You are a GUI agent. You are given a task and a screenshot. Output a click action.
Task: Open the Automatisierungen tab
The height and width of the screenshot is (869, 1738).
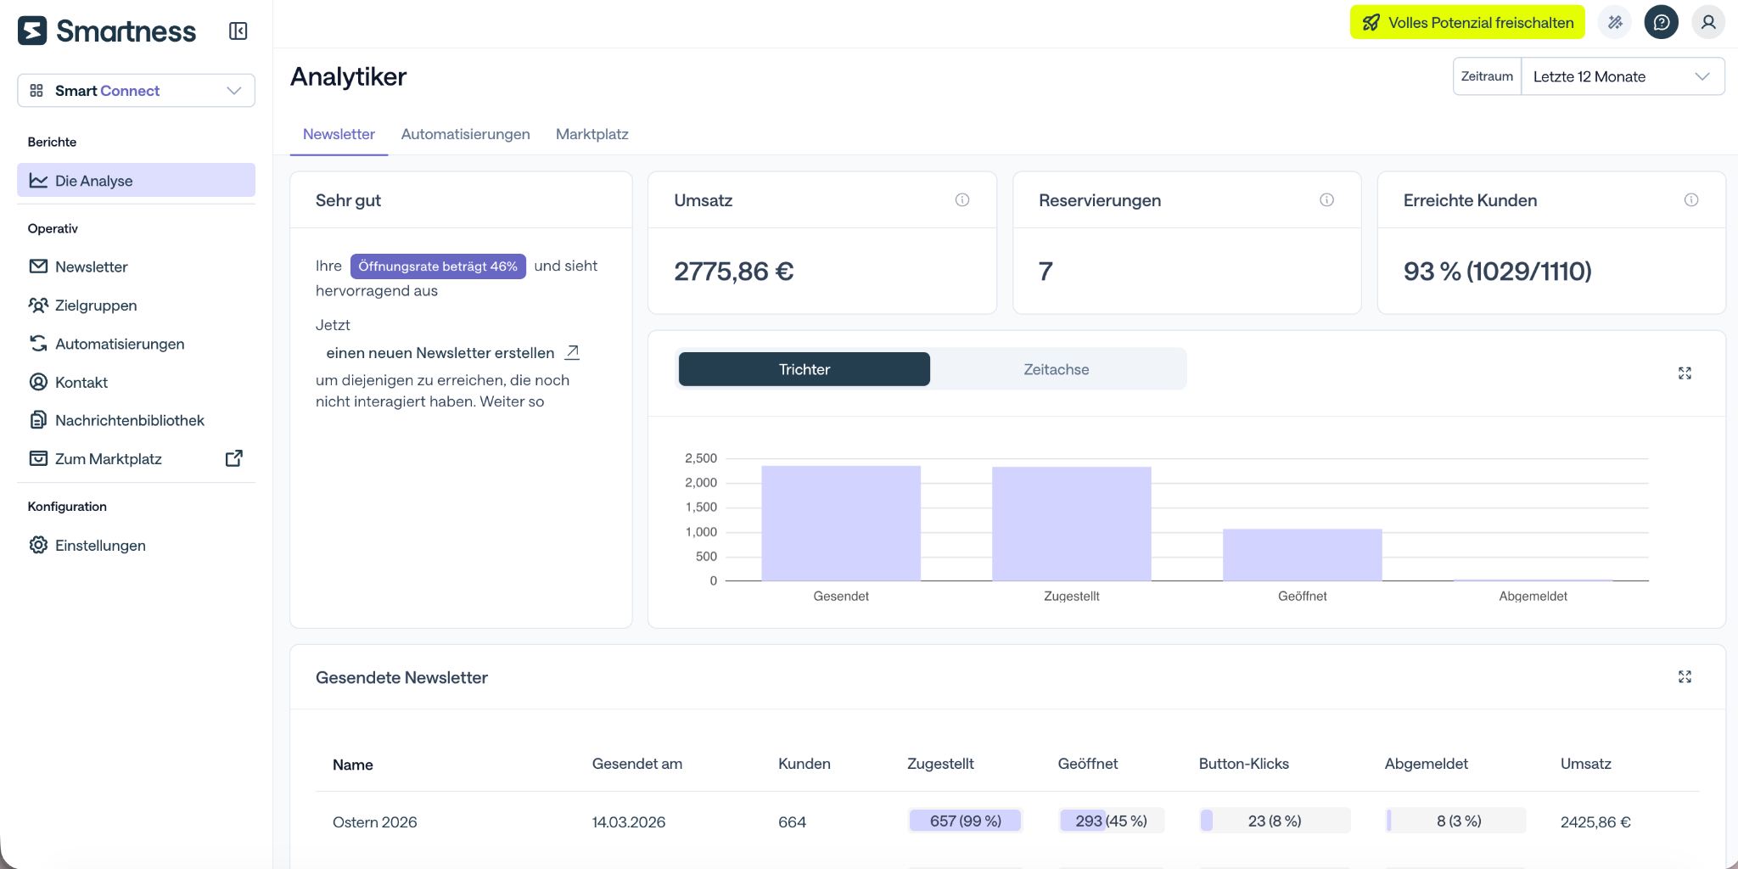click(x=465, y=134)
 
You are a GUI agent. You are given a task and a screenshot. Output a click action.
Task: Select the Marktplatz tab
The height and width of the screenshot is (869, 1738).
click(x=591, y=134)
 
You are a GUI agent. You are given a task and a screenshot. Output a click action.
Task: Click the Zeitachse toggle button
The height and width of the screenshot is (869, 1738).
click(x=1056, y=369)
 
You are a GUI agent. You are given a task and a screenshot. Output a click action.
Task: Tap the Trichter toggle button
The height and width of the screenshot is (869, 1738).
click(x=804, y=369)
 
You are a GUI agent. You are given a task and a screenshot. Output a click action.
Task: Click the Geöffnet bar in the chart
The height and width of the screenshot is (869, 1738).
click(x=1302, y=555)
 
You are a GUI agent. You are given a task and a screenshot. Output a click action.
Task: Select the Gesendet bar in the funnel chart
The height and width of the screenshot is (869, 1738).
click(x=841, y=524)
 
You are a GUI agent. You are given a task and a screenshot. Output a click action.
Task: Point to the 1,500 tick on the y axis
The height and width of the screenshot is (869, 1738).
click(x=701, y=507)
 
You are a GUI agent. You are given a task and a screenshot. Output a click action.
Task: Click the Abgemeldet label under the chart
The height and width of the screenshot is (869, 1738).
click(x=1533, y=596)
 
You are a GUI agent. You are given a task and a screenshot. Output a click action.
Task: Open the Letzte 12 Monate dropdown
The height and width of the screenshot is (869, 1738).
click(x=1623, y=76)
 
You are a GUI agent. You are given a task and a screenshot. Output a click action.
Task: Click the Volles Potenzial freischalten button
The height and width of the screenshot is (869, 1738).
click(x=1467, y=23)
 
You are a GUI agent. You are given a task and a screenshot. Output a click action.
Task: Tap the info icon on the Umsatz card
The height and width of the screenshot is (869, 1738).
click(x=962, y=200)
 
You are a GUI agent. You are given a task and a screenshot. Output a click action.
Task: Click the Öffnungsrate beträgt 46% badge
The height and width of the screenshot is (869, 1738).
click(x=438, y=266)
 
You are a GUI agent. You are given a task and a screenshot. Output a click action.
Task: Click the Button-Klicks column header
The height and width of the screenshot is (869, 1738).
click(x=1244, y=764)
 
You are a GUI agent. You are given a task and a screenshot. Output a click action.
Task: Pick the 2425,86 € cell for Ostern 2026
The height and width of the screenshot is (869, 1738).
click(x=1595, y=821)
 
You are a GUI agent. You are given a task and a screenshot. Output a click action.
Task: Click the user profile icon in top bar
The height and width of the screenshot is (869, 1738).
click(x=1708, y=23)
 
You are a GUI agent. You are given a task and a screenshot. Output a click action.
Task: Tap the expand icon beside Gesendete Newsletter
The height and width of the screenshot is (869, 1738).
click(x=1685, y=676)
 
